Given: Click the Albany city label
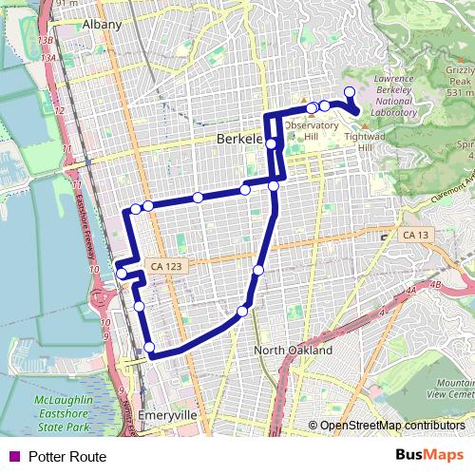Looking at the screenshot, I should (x=103, y=24).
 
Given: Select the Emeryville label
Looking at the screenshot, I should (x=166, y=416).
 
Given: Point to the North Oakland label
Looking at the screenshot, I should (x=294, y=351).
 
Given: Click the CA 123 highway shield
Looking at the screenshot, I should (x=166, y=267).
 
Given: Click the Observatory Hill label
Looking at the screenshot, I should (x=311, y=131).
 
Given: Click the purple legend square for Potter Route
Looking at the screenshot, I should (x=12, y=457).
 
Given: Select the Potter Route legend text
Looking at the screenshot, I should (x=67, y=457).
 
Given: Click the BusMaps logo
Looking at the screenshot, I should (x=429, y=456).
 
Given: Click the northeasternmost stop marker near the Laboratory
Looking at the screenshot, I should (x=349, y=92).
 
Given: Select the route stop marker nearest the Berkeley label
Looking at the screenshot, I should (x=272, y=143).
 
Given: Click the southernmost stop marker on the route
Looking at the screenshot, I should (x=149, y=347).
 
